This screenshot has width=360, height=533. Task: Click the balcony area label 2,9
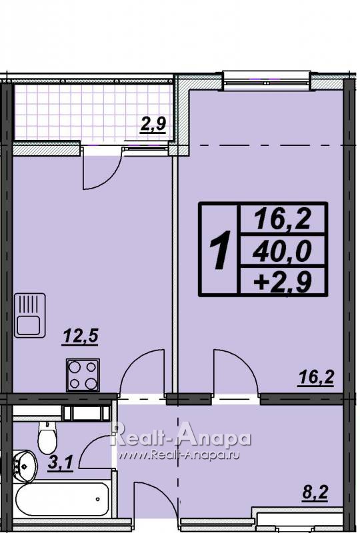(x=153, y=124)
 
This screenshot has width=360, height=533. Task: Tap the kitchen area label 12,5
(x=81, y=336)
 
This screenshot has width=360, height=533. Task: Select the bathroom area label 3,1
(x=60, y=462)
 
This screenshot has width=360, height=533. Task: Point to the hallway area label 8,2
(x=315, y=492)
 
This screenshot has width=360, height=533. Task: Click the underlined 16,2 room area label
(x=316, y=378)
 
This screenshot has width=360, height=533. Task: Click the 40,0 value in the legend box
(x=282, y=251)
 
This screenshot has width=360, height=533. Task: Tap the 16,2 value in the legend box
(x=283, y=219)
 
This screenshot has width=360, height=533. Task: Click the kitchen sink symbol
(x=30, y=315)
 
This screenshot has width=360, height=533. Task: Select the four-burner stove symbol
(x=83, y=375)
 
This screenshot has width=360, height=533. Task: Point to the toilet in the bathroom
(x=47, y=438)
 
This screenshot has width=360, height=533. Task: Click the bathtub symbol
(x=62, y=499)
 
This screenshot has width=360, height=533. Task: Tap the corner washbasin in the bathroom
(x=24, y=466)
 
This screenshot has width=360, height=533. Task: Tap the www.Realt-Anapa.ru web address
(x=179, y=455)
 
